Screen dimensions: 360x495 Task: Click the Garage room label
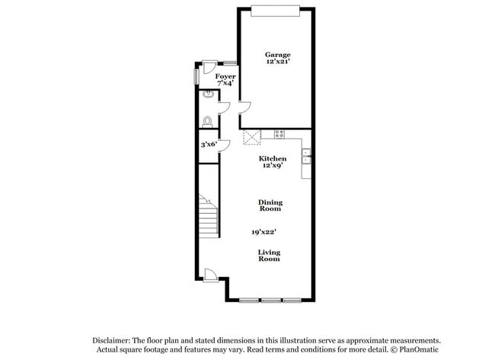[277, 54]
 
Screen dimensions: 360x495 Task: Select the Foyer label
[225, 77]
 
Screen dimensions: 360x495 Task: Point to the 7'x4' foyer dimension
[225, 84]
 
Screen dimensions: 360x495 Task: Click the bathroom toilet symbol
[208, 120]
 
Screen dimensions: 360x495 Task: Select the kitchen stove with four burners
[279, 134]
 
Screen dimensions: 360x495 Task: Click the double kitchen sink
[306, 156]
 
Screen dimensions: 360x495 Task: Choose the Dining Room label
[270, 205]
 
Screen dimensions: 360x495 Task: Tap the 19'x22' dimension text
[263, 231]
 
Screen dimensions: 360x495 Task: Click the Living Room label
[268, 255]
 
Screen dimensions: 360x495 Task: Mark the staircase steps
[209, 215]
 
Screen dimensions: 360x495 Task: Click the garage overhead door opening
[276, 9]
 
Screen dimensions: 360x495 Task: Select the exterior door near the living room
[212, 275]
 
